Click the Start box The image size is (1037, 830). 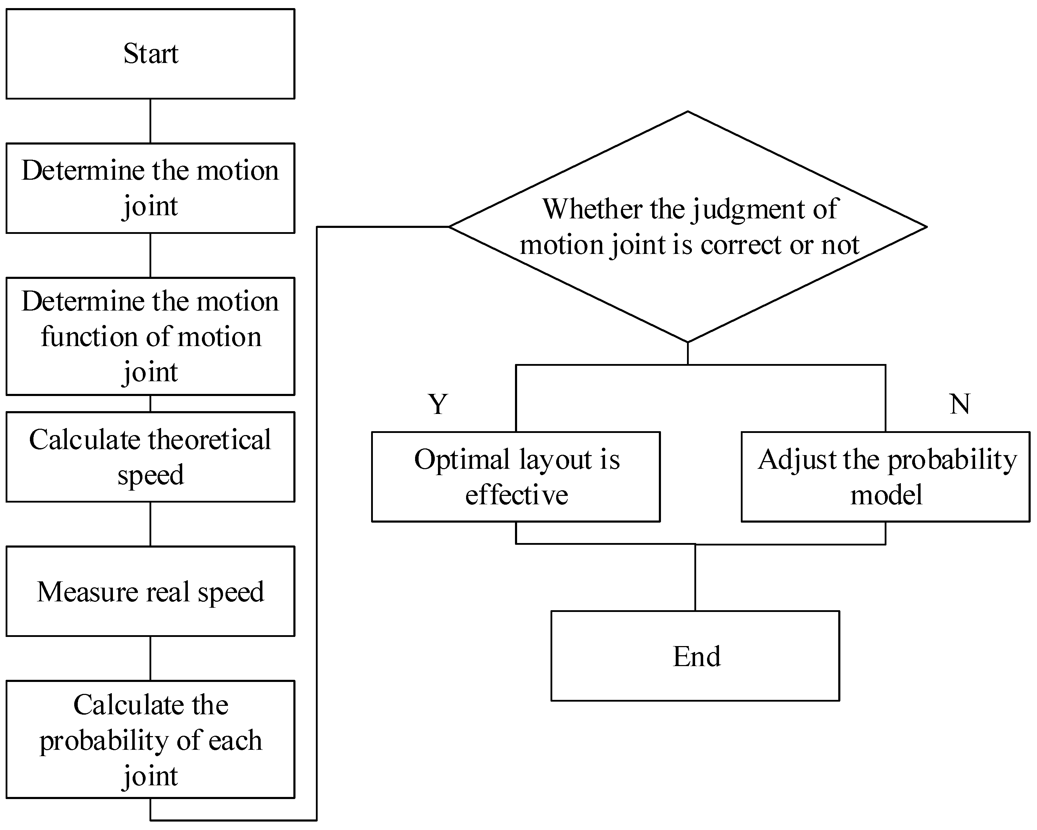(x=151, y=54)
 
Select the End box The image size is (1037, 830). (x=695, y=656)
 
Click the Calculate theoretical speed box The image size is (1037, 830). (x=151, y=457)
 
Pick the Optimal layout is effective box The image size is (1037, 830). (x=516, y=477)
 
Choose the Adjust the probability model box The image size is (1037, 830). (x=885, y=477)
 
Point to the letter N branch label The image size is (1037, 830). (x=960, y=404)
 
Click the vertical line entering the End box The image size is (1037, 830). (x=695, y=577)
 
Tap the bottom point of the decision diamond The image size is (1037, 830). (x=688, y=342)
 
